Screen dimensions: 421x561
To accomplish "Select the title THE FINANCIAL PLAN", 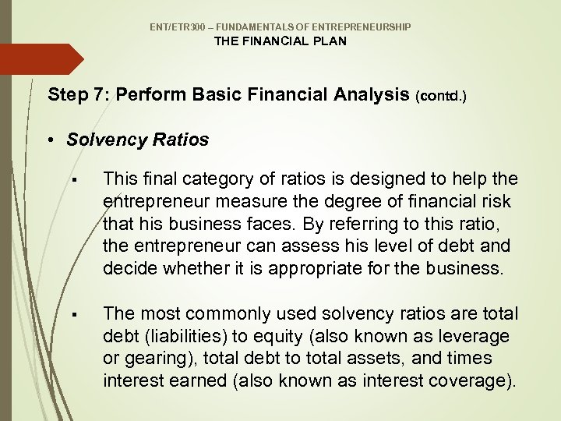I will [x=280, y=41].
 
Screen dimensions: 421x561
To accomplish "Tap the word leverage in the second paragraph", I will [x=474, y=336].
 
